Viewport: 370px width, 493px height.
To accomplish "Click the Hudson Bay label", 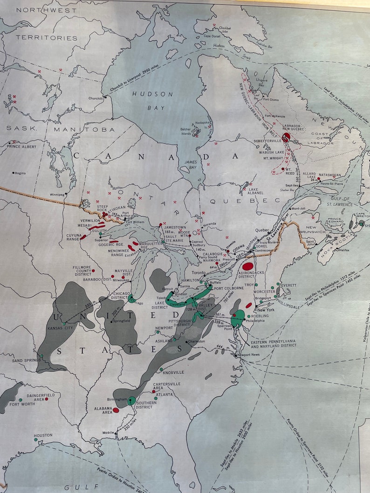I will [x=152, y=101].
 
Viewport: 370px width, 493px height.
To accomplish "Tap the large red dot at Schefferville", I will [x=286, y=137].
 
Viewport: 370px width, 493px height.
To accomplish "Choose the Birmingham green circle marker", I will [x=132, y=400].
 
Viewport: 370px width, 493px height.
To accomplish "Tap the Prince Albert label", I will [x=21, y=148].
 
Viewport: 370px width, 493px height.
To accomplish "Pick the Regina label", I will [x=20, y=173].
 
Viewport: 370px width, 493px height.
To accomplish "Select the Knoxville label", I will [x=173, y=372].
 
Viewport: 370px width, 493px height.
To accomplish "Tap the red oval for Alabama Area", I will [x=116, y=410].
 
